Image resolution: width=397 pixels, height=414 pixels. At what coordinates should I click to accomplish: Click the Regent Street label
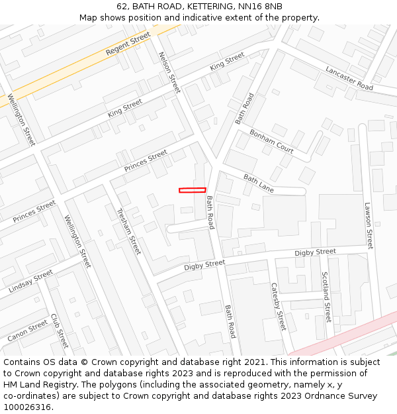pos(128,45)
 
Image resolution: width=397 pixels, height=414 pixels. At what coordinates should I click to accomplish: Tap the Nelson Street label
pos(169,72)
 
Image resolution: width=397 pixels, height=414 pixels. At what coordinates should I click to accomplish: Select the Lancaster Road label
pos(349,78)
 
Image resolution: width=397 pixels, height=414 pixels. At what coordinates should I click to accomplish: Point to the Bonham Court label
pos(271,141)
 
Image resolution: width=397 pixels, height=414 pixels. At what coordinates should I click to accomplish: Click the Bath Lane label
pos(258,183)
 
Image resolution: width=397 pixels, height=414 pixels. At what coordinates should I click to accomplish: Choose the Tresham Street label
pos(128,231)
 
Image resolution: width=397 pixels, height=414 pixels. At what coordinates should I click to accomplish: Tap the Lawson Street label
pos(369,225)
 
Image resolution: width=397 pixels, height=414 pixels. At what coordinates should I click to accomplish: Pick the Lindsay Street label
pos(31,282)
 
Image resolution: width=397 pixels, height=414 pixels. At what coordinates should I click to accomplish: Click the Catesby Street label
pos(279,307)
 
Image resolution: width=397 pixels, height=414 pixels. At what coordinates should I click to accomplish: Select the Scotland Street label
pos(326,296)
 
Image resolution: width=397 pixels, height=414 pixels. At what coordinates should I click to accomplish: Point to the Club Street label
pos(60,331)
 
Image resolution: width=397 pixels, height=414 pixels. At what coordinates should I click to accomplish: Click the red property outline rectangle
pos(192,190)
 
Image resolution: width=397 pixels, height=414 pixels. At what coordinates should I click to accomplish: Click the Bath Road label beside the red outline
pos(210,213)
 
